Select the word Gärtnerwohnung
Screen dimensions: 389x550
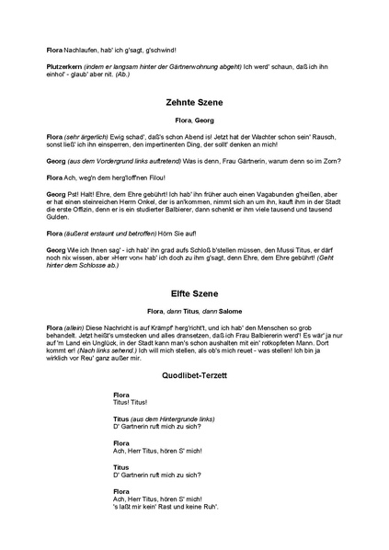[x=196, y=67]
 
